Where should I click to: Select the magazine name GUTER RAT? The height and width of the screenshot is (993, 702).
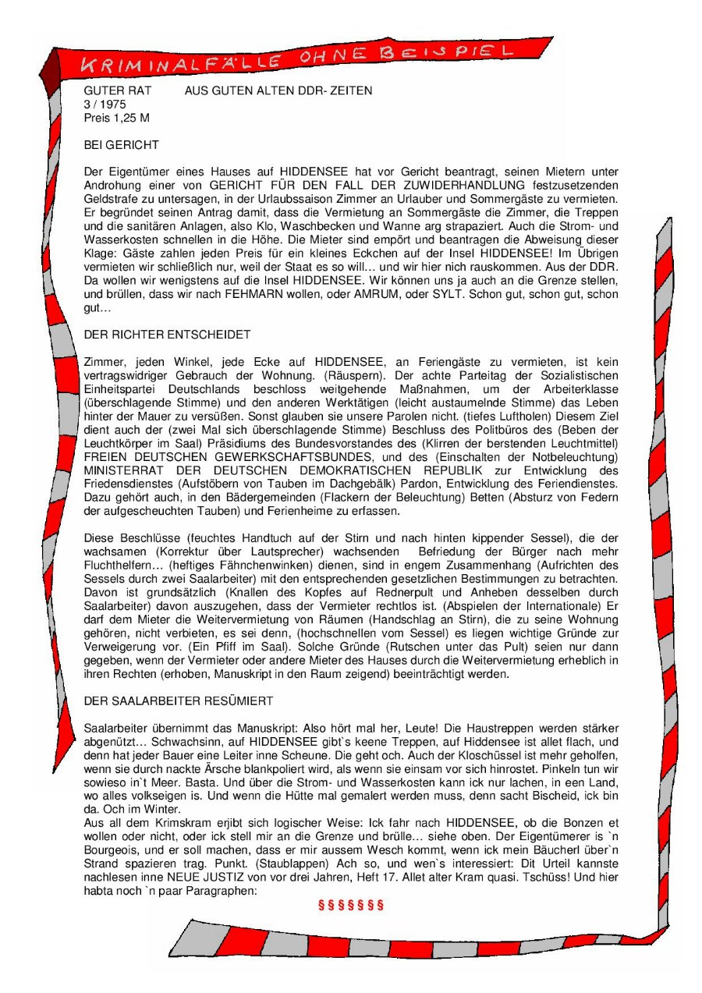pos(118,90)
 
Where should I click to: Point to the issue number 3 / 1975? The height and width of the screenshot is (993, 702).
pos(105,104)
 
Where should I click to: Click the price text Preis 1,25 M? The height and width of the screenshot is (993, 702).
pos(116,118)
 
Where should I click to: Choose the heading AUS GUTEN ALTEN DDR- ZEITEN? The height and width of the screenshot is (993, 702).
pos(278,90)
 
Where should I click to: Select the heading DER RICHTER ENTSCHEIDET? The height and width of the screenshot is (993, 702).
pos(167,335)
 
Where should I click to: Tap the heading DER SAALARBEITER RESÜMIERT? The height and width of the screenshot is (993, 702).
pos(178,700)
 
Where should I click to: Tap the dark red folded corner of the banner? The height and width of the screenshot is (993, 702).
pos(52,75)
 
